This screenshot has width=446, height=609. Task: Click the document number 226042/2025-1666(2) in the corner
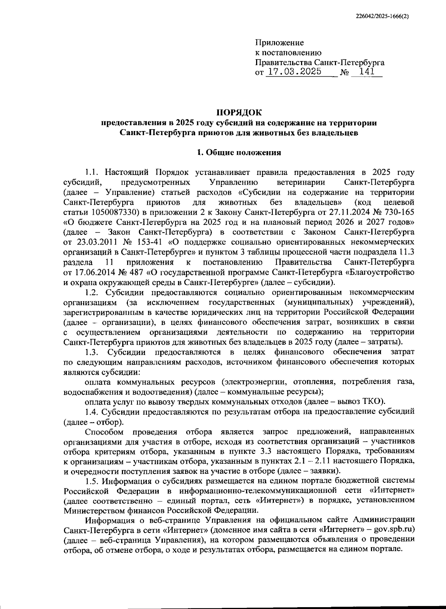tap(381, 16)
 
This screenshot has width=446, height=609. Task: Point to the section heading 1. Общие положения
tap(239, 152)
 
